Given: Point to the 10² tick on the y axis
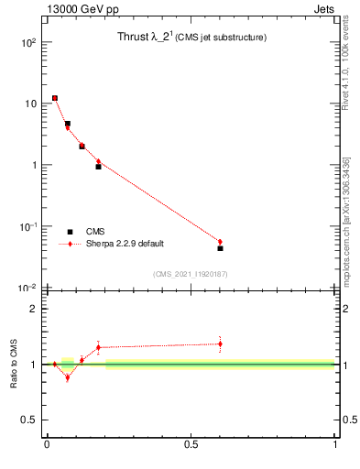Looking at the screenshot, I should (x=29, y=42).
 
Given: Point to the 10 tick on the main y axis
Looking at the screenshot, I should (x=31, y=104).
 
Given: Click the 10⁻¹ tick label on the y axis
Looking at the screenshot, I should (x=28, y=226).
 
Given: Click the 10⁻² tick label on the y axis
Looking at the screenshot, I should (x=28, y=288).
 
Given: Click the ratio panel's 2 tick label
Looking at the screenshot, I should (x=35, y=309).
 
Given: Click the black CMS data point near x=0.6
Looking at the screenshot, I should (x=220, y=248).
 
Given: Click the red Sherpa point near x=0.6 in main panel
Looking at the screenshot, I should (x=220, y=242).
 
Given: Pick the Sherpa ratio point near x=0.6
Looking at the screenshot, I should (x=220, y=344).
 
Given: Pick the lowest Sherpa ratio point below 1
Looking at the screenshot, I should (x=67, y=377).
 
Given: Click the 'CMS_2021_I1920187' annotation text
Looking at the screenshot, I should (x=191, y=274).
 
